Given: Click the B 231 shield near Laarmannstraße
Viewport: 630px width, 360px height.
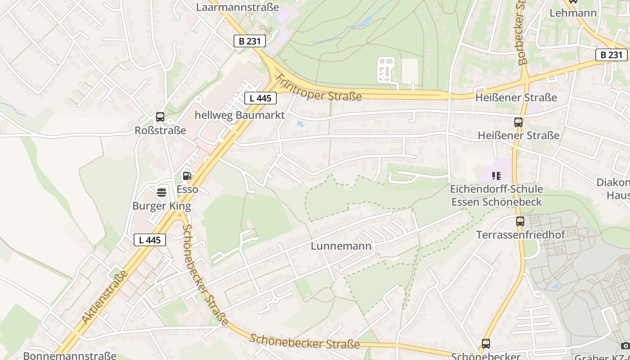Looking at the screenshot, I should click(x=250, y=41).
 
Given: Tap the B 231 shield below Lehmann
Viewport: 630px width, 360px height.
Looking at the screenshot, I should click(x=611, y=55).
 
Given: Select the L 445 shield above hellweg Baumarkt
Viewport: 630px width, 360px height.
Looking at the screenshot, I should click(x=261, y=98).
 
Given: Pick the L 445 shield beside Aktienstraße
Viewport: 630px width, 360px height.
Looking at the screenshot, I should click(x=150, y=240).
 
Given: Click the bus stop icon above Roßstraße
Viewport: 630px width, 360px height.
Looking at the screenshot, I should click(x=160, y=117).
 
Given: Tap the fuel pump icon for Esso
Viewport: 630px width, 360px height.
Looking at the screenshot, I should click(x=187, y=176).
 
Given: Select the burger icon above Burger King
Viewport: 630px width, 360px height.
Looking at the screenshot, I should click(x=162, y=193).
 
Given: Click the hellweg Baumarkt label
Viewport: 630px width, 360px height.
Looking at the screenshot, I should click(x=239, y=115).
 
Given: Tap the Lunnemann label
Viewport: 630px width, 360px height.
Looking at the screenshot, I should click(x=341, y=246).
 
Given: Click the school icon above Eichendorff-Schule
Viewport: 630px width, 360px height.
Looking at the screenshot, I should click(x=496, y=175).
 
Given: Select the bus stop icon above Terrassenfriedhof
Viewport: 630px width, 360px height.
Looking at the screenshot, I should click(x=520, y=221).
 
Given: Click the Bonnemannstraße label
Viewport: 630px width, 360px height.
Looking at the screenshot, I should click(x=70, y=356).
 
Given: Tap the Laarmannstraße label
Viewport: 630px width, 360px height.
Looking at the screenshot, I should click(x=238, y=7).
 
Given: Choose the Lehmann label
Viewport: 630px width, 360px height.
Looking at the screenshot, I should click(x=573, y=13).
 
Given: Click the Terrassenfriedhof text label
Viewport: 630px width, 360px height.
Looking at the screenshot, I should click(x=521, y=234).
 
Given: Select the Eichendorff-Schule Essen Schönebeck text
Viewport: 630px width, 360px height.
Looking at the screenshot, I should click(x=497, y=195).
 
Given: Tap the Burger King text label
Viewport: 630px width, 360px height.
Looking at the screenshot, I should click(x=162, y=206).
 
